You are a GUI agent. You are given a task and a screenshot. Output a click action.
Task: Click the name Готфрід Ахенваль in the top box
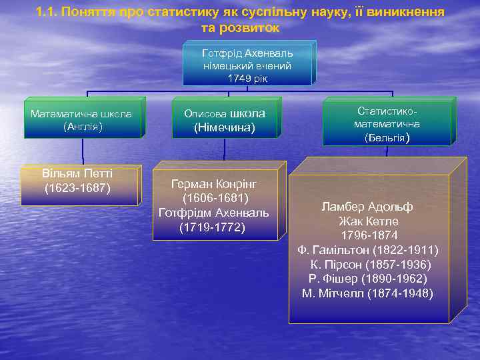247,53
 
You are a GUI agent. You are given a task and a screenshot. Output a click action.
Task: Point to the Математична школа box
82,119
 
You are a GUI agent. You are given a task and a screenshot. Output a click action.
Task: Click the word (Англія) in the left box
82,125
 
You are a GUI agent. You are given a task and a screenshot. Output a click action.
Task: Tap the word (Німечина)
224,127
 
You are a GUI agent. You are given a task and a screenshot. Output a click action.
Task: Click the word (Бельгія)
387,139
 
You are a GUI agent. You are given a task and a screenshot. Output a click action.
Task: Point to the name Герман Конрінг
214,183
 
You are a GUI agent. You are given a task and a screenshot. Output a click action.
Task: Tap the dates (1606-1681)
214,198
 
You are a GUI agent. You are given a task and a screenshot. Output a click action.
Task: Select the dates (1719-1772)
213,227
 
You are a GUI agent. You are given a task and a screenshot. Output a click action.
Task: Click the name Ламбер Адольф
367,207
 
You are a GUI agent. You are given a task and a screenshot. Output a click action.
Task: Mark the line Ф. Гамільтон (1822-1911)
368,250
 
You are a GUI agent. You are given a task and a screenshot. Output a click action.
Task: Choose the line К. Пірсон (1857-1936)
371,265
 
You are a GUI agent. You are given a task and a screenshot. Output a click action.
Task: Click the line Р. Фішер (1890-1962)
368,279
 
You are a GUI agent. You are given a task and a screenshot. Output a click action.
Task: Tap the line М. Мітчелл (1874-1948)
368,293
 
